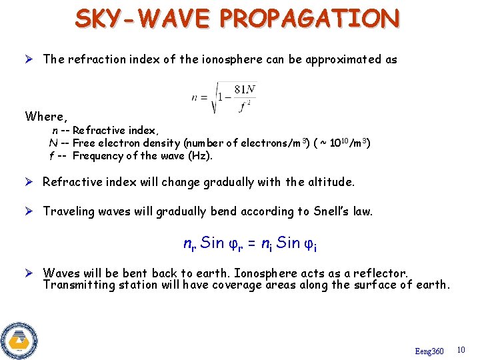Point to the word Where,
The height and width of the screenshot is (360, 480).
[47, 117]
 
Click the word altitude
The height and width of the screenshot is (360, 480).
[331, 182]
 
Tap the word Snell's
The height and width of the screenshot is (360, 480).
[323, 211]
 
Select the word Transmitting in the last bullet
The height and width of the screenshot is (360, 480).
[74, 285]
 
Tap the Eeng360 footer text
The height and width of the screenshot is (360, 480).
[429, 351]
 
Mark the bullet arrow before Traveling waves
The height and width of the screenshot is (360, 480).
[29, 211]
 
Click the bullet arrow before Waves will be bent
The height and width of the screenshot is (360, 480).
[29, 273]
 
